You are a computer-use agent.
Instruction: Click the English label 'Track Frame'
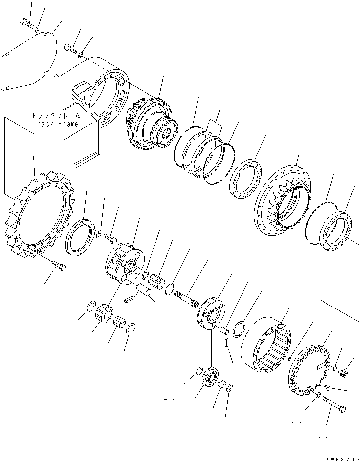point(55,124)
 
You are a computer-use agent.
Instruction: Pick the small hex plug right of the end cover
point(344,373)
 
